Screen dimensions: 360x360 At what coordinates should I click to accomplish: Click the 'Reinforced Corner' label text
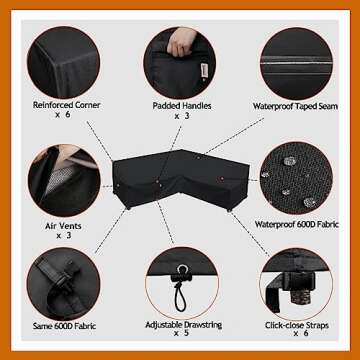pyautogui.click(x=66, y=105)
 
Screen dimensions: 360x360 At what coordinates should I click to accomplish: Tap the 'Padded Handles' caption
pyautogui.click(x=182, y=106)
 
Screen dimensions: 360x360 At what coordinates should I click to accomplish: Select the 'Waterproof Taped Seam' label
pyautogui.click(x=295, y=106)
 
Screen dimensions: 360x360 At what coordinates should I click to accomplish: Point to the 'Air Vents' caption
pyautogui.click(x=63, y=226)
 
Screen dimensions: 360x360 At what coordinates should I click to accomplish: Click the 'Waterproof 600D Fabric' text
pyautogui.click(x=297, y=224)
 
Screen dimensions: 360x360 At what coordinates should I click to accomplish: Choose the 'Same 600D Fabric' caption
pyautogui.click(x=64, y=326)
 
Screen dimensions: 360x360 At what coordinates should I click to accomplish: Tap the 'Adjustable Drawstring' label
pyautogui.click(x=184, y=324)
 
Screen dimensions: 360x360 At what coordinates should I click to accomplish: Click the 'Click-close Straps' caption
pyautogui.click(x=297, y=325)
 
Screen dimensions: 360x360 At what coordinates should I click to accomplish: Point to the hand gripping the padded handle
pyautogui.click(x=182, y=41)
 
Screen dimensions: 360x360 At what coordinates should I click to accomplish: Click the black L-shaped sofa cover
pyautogui.click(x=180, y=179)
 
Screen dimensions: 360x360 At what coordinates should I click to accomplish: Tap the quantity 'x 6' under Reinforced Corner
pyautogui.click(x=63, y=115)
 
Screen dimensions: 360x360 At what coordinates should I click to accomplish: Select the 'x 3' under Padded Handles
pyautogui.click(x=181, y=116)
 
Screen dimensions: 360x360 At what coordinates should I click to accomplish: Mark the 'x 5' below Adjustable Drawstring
pyautogui.click(x=181, y=333)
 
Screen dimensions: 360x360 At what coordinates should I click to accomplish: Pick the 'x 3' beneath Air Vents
pyautogui.click(x=64, y=236)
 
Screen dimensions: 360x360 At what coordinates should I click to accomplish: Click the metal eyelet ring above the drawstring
pyautogui.click(x=182, y=269)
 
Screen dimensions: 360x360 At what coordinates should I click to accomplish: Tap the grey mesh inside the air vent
pyautogui.click(x=59, y=179)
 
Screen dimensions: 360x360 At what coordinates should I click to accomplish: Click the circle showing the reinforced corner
pyautogui.click(x=63, y=62)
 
